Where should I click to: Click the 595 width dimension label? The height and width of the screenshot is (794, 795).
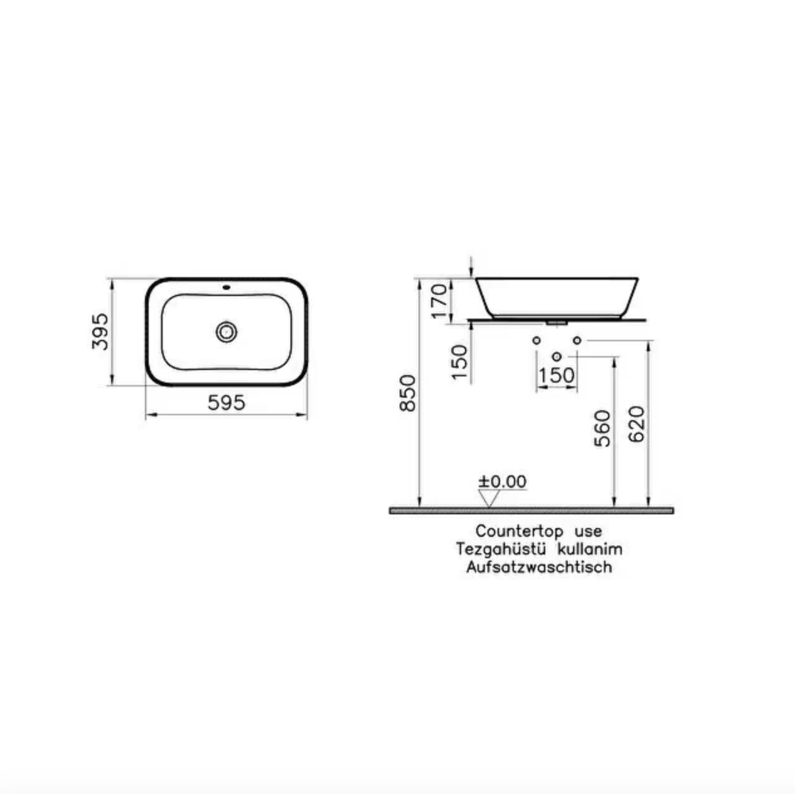[227, 403]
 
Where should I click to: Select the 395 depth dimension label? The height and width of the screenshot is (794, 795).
[100, 332]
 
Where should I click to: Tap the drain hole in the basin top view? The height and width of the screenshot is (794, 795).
[227, 332]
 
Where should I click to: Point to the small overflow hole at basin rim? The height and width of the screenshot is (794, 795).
[227, 287]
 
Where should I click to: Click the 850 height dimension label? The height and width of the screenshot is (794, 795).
[408, 393]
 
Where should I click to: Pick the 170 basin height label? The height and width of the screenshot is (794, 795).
[440, 301]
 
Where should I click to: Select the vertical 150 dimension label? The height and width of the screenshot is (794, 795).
[459, 362]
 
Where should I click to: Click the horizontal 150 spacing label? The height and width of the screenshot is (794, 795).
[557, 375]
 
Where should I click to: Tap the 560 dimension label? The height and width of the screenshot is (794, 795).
[602, 428]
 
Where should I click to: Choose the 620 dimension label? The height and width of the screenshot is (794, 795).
[637, 425]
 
